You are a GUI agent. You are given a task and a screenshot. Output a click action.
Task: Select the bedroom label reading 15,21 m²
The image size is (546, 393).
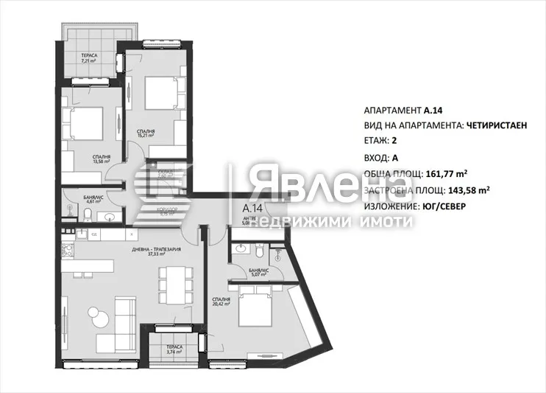tap(146, 133)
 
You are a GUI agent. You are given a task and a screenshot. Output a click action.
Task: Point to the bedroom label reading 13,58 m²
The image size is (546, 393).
tap(102, 159)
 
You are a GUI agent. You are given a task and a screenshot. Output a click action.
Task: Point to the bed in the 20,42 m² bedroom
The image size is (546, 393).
tap(255, 309)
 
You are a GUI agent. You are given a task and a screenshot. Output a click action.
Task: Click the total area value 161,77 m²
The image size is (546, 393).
tap(447, 175)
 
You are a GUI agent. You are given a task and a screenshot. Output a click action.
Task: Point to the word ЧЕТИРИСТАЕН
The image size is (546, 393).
tap(497, 126)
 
